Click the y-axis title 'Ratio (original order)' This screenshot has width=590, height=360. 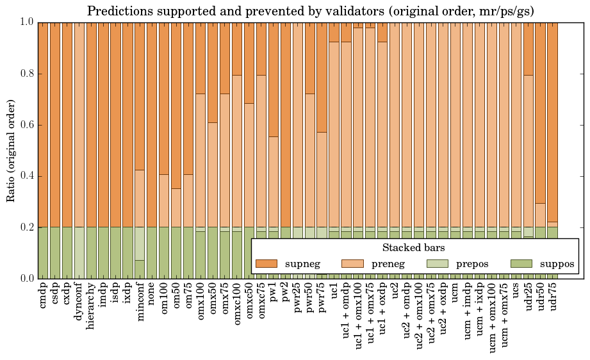pos(12,150)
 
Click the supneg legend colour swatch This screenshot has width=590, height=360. pos(266,263)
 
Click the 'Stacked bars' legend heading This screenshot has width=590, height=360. pos(414,247)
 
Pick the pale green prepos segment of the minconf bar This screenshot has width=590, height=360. pos(140,243)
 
